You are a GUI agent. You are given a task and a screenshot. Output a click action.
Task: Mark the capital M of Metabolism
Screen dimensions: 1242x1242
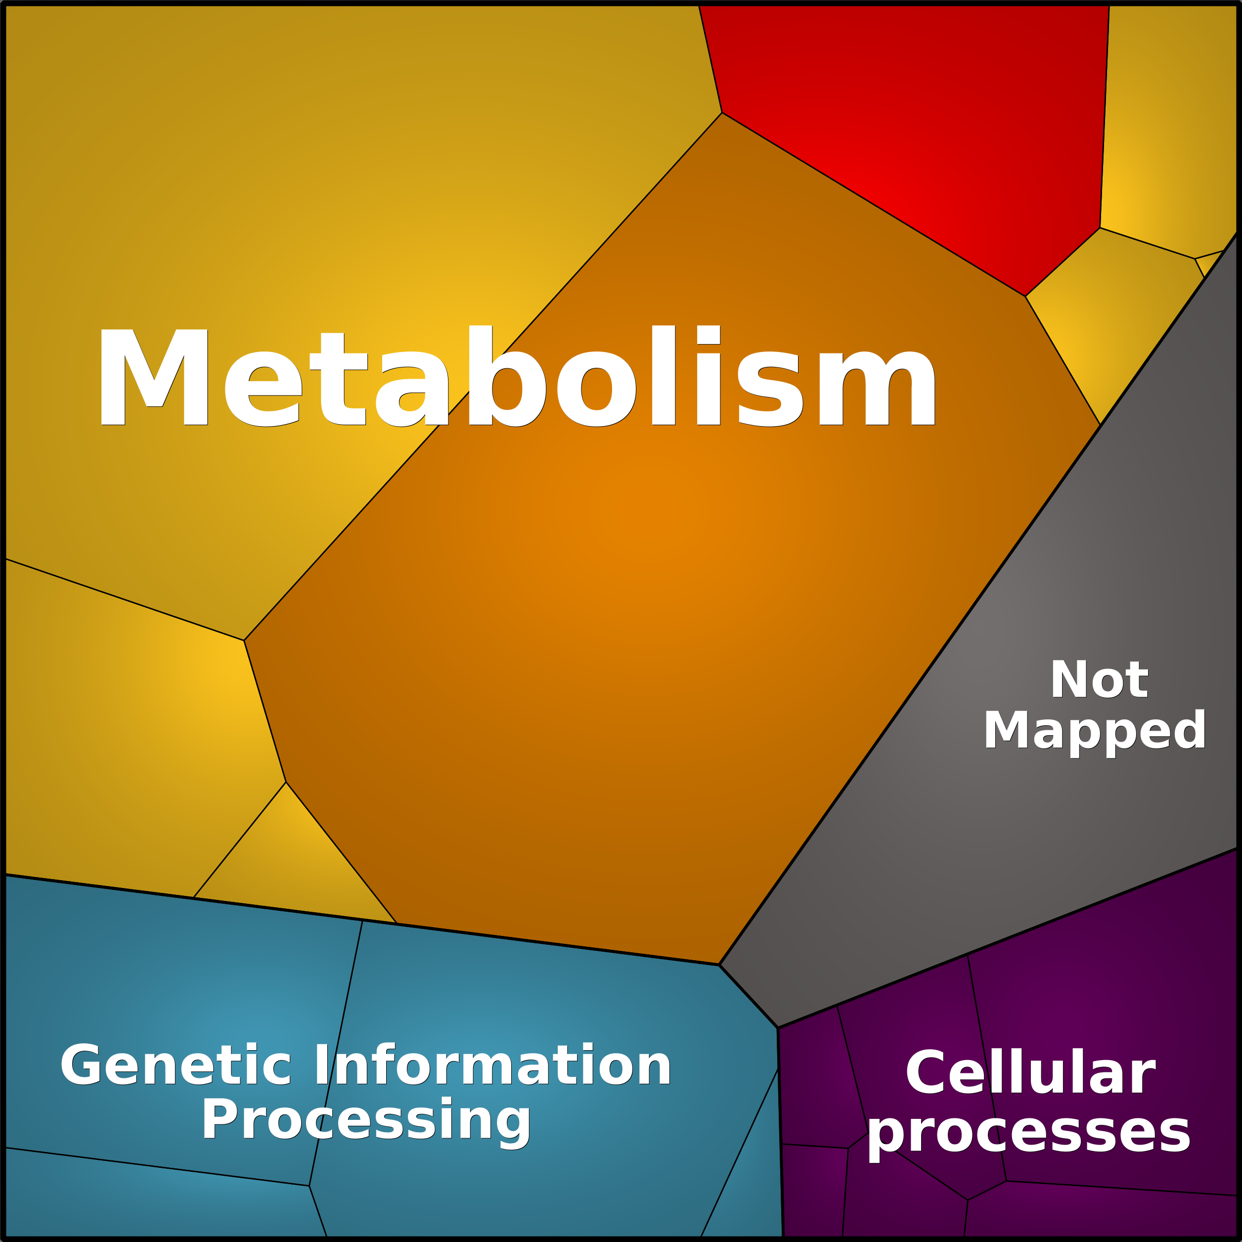tap(154, 377)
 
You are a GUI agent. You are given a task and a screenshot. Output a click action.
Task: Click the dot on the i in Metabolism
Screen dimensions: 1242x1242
tap(709, 335)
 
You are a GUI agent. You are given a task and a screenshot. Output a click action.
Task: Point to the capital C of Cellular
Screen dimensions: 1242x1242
tap(927, 1071)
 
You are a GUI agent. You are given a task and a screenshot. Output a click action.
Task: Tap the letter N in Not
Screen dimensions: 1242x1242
tap(1069, 679)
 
